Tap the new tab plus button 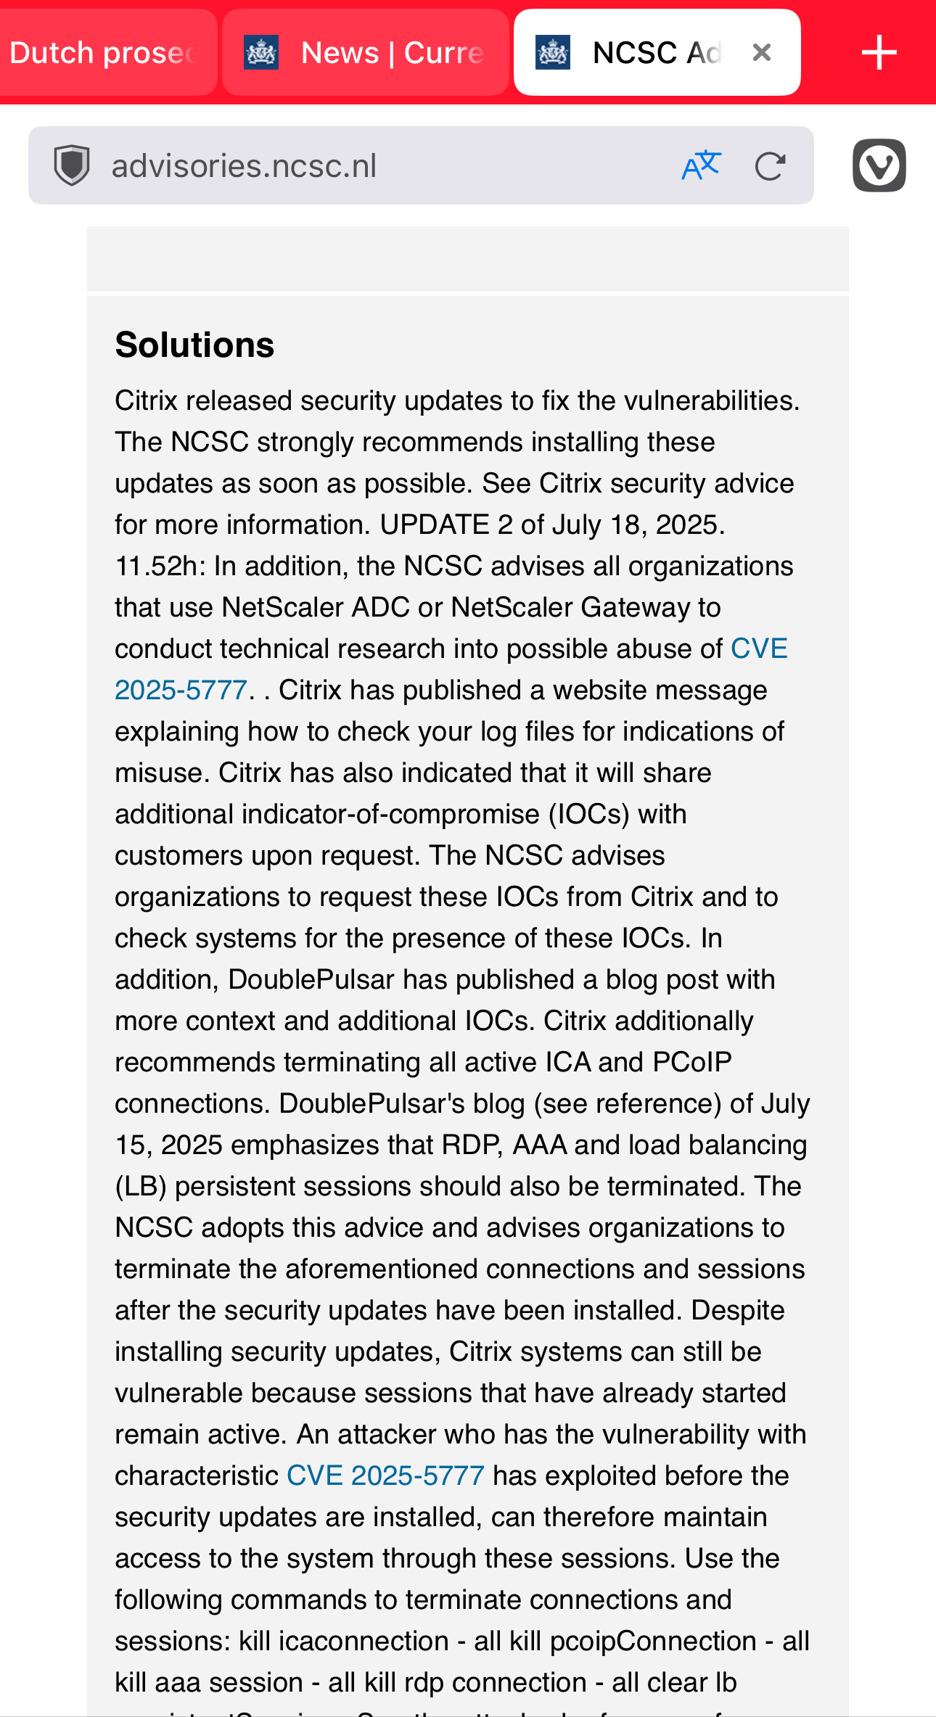pos(879,53)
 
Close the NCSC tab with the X pos(761,52)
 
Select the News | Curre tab pos(392,53)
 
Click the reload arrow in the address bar pos(770,166)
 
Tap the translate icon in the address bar pos(701,166)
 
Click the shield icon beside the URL pos(72,165)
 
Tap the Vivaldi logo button pos(879,165)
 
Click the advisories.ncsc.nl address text pos(244,166)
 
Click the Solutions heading pos(194,345)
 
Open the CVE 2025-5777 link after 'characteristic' pos(385,1475)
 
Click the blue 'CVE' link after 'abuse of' pos(759,648)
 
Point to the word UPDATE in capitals pos(435,524)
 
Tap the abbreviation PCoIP pos(691,1062)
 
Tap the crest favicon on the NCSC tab pos(553,52)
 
